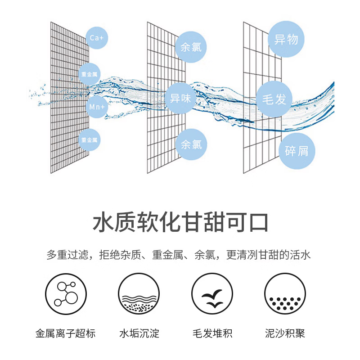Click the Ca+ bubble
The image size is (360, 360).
(x=96, y=38)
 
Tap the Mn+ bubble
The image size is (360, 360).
(x=96, y=107)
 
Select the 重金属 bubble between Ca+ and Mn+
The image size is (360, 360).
(x=90, y=73)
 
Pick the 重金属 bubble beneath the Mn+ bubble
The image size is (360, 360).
(x=90, y=141)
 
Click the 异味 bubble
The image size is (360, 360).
(x=180, y=98)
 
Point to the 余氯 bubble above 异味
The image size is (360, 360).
(x=191, y=47)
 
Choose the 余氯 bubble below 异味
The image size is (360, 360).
(x=191, y=144)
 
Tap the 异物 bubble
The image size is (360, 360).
(x=286, y=40)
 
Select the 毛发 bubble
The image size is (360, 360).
(x=274, y=99)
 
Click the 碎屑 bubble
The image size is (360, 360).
(x=297, y=151)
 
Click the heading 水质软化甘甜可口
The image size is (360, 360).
(x=180, y=223)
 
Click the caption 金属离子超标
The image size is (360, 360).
(x=65, y=333)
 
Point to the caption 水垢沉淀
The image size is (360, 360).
(x=139, y=333)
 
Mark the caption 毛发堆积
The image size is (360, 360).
(x=212, y=333)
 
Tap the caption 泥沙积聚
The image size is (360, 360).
(x=285, y=333)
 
